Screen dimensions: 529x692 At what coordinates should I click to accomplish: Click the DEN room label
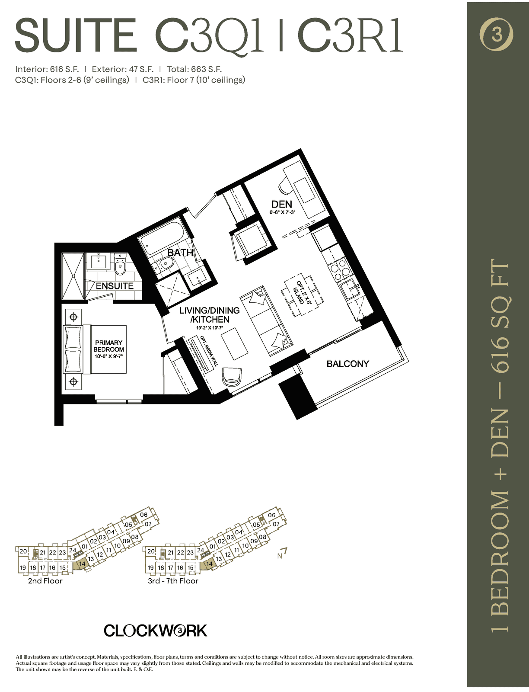(282, 204)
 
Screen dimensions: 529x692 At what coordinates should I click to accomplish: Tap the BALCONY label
(347, 364)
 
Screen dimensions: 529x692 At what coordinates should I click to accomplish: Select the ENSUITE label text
(115, 286)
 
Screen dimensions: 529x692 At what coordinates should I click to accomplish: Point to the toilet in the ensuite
(119, 265)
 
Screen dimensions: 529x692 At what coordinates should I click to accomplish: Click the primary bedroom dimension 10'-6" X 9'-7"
(109, 356)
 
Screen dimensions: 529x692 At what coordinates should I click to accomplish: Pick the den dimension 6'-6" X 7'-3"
(282, 212)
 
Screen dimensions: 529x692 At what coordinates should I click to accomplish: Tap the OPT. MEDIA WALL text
(209, 351)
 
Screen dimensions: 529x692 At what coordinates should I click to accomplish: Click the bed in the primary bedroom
(95, 349)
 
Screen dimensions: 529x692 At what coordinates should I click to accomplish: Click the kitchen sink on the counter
(350, 292)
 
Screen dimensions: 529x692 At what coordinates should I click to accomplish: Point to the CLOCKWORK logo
(155, 631)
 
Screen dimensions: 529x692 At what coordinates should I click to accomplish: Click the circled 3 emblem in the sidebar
(497, 35)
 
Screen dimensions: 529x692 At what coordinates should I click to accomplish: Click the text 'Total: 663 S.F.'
(194, 69)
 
